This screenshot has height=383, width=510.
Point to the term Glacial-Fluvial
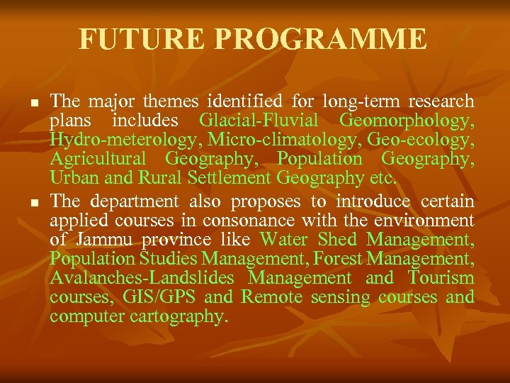(x=259, y=120)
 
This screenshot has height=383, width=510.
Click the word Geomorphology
(x=407, y=120)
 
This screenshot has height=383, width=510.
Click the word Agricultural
(x=98, y=158)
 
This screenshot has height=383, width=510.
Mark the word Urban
(x=73, y=177)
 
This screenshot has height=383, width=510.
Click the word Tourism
(x=441, y=278)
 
